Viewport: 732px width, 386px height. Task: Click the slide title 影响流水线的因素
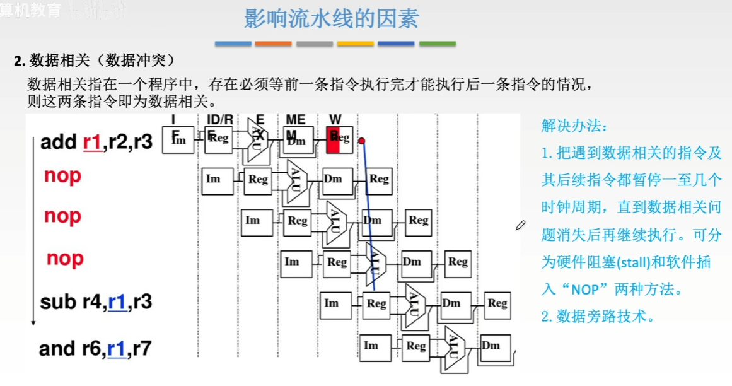click(x=331, y=19)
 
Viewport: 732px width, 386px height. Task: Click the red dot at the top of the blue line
click(x=362, y=141)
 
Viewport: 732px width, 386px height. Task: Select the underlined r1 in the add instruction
click(x=91, y=142)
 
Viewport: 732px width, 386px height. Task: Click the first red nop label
click(x=62, y=176)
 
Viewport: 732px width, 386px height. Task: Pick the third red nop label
click(x=65, y=258)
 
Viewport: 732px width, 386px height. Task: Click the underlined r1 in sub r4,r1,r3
click(x=117, y=303)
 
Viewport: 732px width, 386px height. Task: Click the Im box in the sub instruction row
click(x=332, y=303)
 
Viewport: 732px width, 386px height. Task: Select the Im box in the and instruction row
click(x=371, y=346)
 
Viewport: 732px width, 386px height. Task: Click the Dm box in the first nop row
click(x=333, y=179)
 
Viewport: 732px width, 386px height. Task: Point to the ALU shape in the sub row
click(x=414, y=307)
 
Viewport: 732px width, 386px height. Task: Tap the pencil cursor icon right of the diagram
click(x=520, y=225)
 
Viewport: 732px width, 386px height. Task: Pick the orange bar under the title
click(x=273, y=44)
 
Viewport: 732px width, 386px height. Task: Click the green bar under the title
click(x=438, y=44)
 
